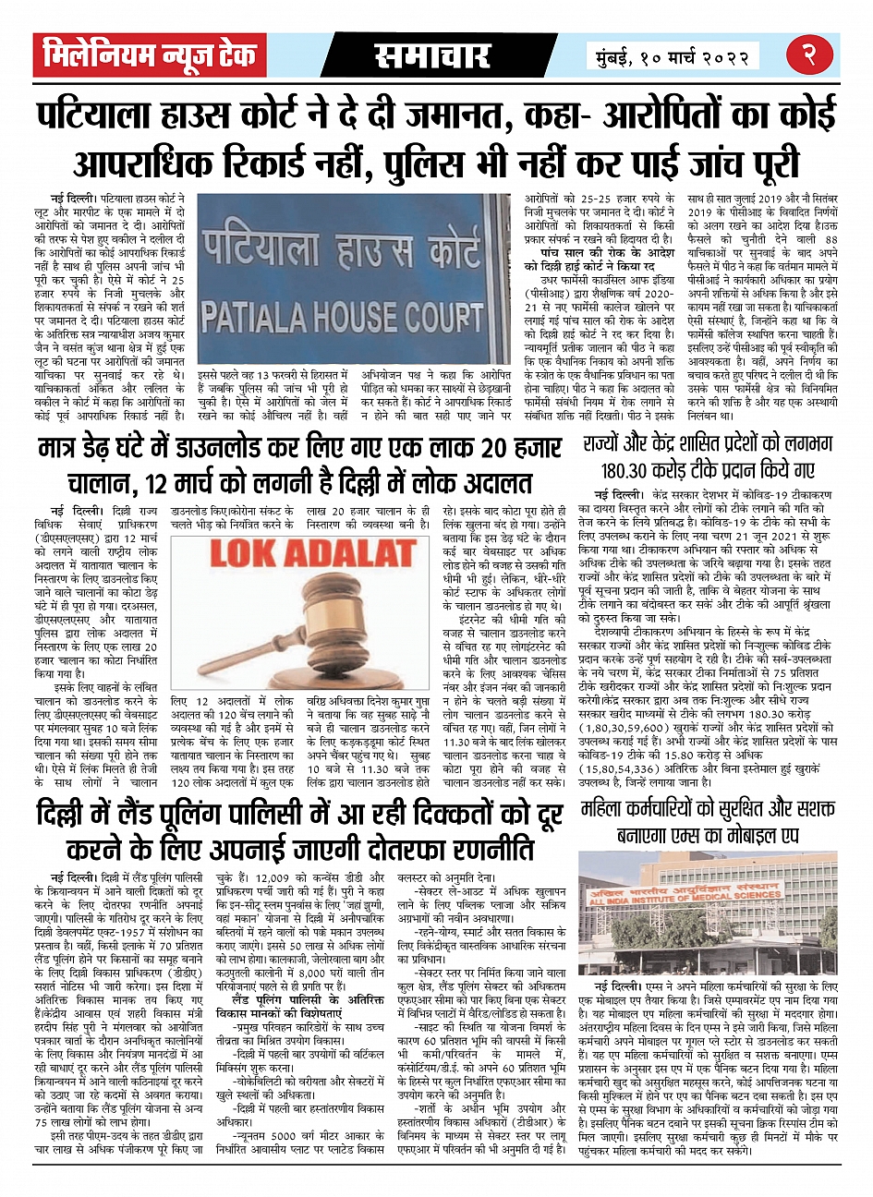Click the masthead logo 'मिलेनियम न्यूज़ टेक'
(151, 55)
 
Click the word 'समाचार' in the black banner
(433, 56)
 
